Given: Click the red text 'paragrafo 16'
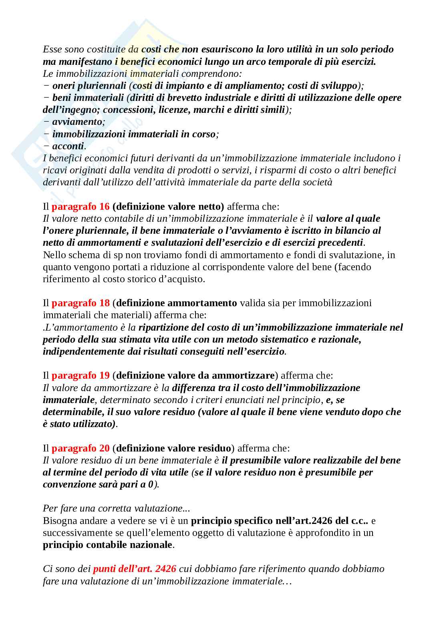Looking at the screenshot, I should point(81,207).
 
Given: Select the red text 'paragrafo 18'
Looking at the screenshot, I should point(81,303).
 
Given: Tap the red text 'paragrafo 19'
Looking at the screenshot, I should point(81,375).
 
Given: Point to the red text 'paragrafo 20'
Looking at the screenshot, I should point(81,448).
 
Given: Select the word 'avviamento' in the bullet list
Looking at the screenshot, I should point(77,122).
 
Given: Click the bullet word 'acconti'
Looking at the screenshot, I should point(68,146).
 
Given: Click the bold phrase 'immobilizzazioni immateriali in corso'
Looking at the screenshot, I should point(134,134).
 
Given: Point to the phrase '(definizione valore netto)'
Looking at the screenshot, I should point(169,207).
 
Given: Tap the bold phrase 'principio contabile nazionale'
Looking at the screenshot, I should point(107,545).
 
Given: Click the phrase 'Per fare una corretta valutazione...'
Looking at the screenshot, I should point(117,508).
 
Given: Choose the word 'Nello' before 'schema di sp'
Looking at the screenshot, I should point(54,255).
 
